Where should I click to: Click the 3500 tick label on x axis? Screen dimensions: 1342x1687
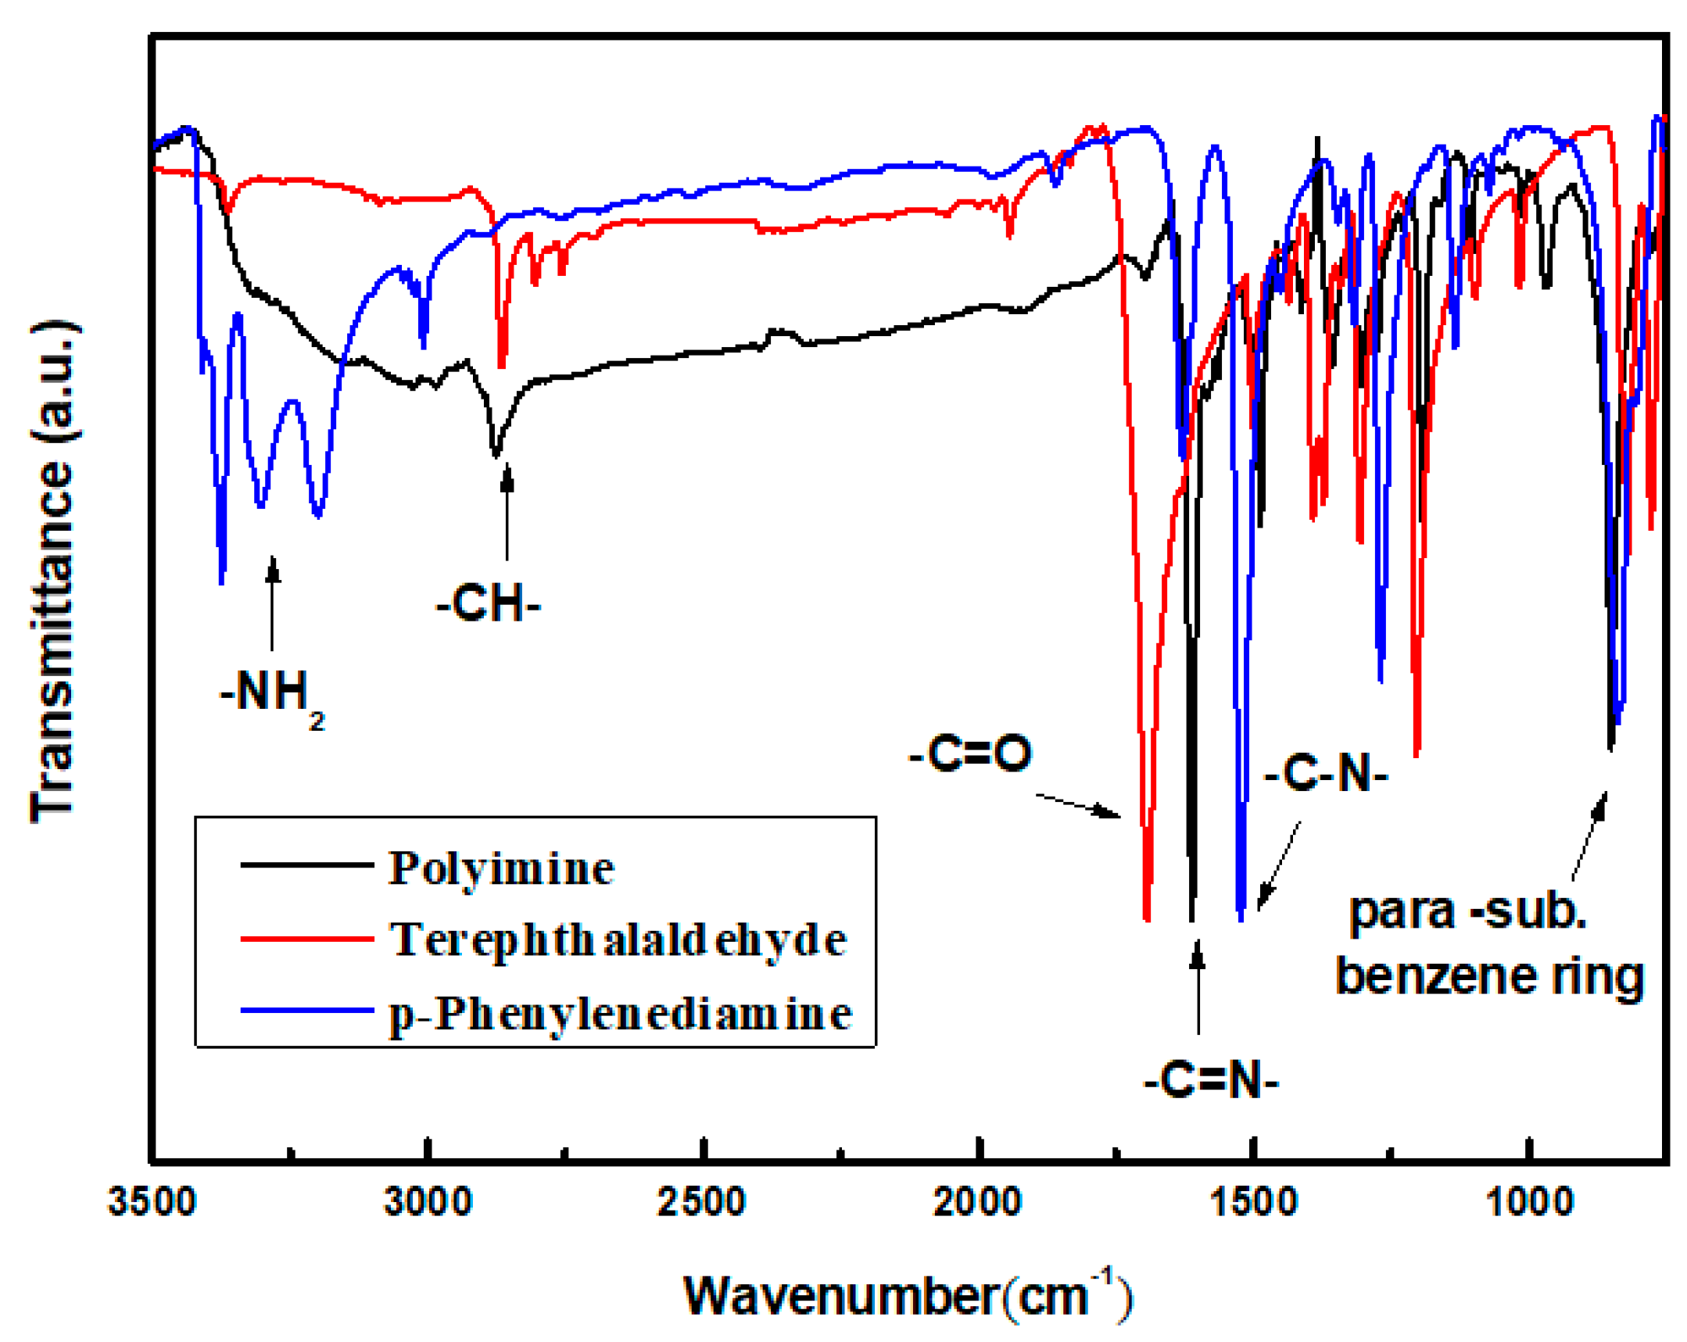point(151,1202)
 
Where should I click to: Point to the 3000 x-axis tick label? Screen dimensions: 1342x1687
point(428,1202)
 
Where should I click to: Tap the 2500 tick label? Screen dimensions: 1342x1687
point(701,1202)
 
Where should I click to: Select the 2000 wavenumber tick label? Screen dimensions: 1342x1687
point(977,1202)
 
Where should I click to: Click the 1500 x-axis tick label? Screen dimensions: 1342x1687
point(1254,1202)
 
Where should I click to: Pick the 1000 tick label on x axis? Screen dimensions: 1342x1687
point(1529,1202)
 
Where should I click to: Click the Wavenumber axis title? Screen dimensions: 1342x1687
point(908,1295)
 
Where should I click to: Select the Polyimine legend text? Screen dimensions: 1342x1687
point(501,868)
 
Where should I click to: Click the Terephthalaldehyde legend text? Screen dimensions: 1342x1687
point(618,939)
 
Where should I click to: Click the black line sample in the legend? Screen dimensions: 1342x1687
point(306,864)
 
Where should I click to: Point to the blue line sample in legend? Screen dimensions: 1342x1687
point(306,1011)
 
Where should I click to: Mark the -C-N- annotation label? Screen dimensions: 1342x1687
point(1326,774)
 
